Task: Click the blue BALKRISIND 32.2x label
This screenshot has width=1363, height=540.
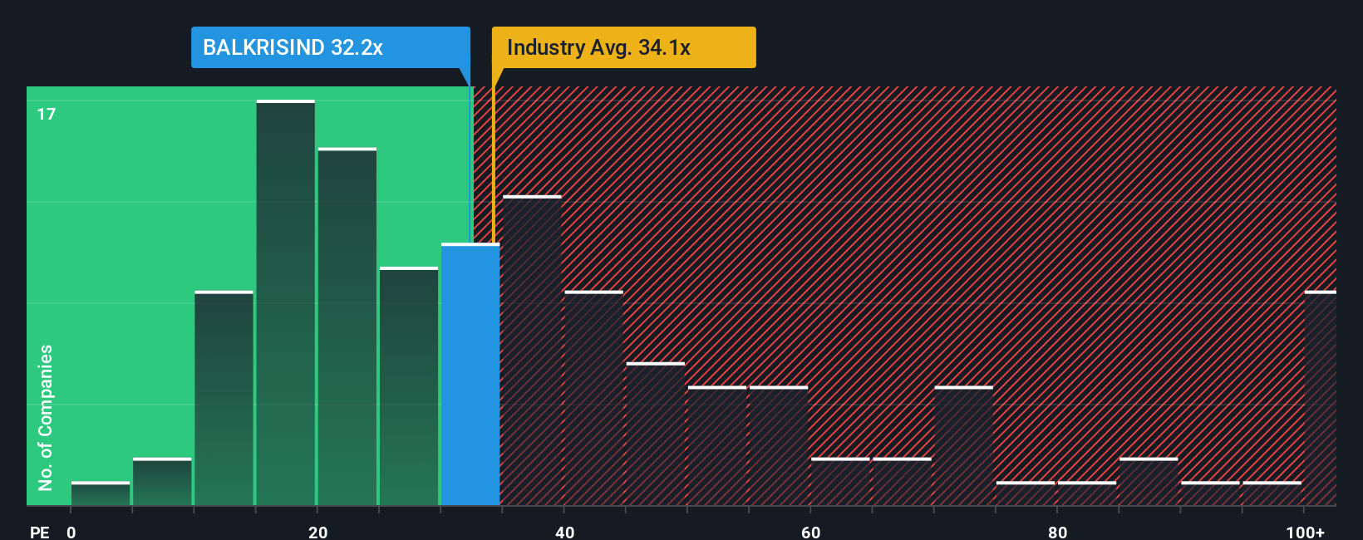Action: pyautogui.click(x=330, y=47)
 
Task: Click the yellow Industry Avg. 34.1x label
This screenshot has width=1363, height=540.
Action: pyautogui.click(x=623, y=47)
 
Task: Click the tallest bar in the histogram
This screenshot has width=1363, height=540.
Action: pyautogui.click(x=286, y=303)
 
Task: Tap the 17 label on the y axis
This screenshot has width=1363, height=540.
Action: pyautogui.click(x=47, y=114)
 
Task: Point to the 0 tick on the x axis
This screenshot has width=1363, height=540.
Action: pyautogui.click(x=71, y=532)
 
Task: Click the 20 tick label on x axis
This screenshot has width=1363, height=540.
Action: pyautogui.click(x=317, y=532)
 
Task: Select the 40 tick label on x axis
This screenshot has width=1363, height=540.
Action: pyautogui.click(x=564, y=532)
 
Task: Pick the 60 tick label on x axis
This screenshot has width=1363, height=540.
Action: pyautogui.click(x=810, y=532)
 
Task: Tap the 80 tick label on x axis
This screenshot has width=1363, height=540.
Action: pyautogui.click(x=1057, y=532)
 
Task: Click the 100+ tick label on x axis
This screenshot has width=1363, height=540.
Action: pyautogui.click(x=1305, y=532)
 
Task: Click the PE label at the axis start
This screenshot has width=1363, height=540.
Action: pyautogui.click(x=39, y=532)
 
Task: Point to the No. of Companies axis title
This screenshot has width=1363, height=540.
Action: pyautogui.click(x=46, y=417)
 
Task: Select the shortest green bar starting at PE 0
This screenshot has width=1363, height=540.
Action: pyautogui.click(x=101, y=493)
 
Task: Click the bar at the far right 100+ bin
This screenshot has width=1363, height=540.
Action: pyautogui.click(x=1321, y=399)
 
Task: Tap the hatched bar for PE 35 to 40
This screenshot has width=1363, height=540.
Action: pyautogui.click(x=532, y=351)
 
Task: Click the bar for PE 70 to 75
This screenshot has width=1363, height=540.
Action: pyautogui.click(x=964, y=446)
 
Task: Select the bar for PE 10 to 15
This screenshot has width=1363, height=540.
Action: pyautogui.click(x=224, y=399)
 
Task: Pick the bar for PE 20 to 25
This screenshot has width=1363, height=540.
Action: pyautogui.click(x=347, y=326)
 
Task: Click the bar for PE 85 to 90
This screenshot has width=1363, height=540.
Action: pyautogui.click(x=1149, y=482)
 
